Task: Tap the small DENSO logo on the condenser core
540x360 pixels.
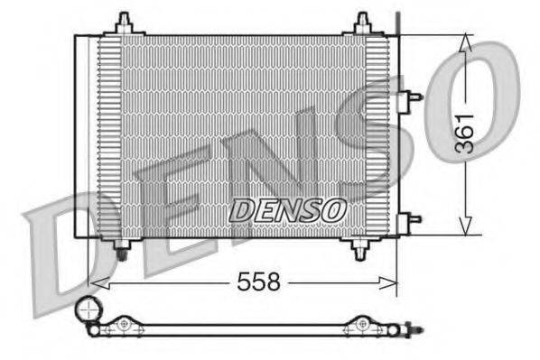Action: pos(286,209)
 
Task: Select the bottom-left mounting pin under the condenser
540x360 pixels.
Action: pos(124,248)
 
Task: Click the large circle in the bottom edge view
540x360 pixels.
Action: pos(88,311)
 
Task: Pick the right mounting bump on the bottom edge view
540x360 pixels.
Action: pos(362,322)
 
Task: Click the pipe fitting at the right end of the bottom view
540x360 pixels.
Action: pos(412,329)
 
